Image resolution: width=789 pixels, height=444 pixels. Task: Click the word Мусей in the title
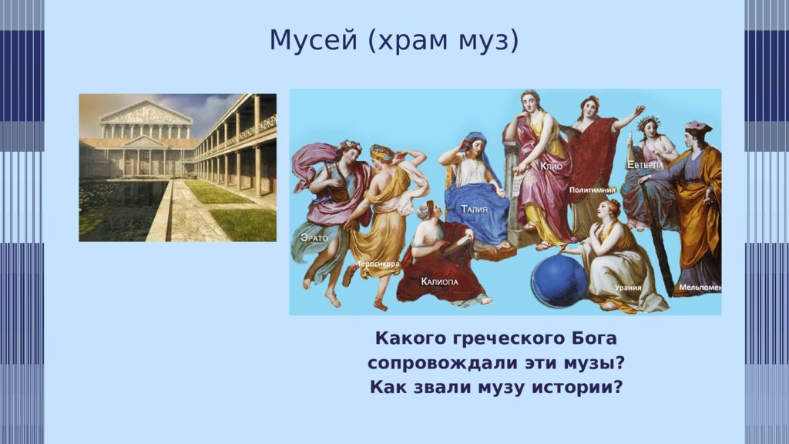[313, 40]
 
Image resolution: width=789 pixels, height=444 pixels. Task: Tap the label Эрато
[314, 237]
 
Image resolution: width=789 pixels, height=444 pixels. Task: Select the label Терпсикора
[378, 264]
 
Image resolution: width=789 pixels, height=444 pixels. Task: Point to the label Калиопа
[440, 281]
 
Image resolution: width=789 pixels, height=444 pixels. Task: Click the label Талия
[474, 208]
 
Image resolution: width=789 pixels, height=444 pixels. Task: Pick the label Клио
[552, 166]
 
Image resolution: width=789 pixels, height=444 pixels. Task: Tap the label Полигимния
[593, 190]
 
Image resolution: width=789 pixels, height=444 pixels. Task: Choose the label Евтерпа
[645, 165]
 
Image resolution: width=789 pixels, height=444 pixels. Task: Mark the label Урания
[628, 288]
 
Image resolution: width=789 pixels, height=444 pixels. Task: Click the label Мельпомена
[700, 288]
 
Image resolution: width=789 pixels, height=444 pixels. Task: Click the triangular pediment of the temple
[146, 113]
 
